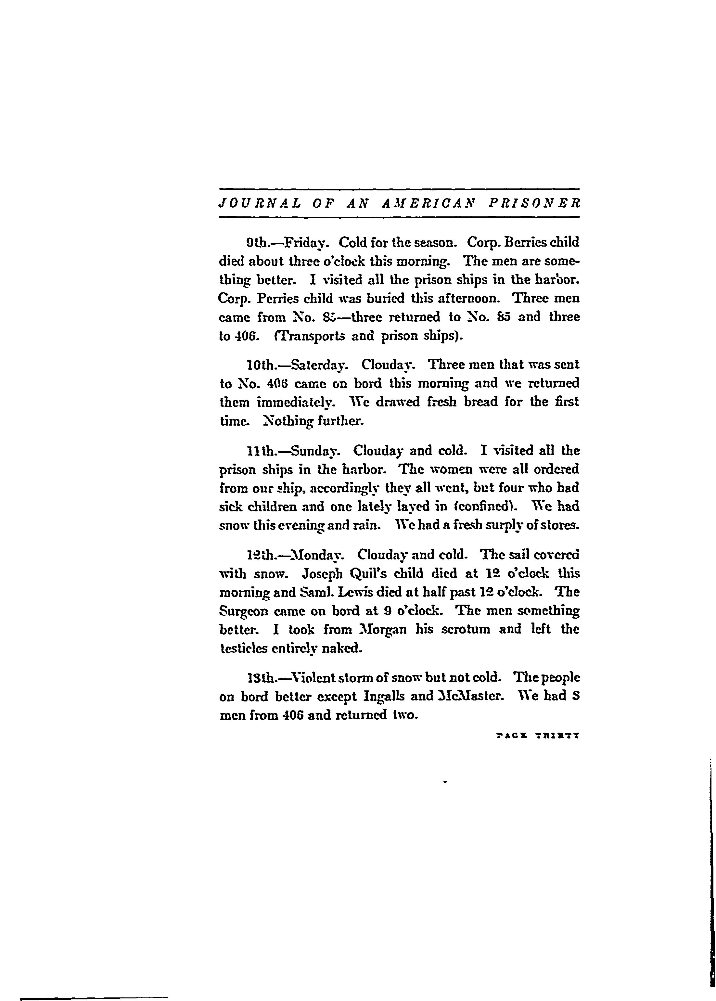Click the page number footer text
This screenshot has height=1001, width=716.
tap(537, 736)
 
